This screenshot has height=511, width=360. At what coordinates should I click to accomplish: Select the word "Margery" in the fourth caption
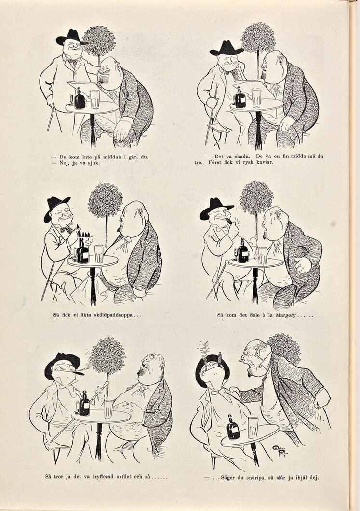pos(285,315)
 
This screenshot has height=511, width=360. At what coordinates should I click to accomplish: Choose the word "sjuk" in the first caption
pos(93,163)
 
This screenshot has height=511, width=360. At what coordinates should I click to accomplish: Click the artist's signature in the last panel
pos(280,451)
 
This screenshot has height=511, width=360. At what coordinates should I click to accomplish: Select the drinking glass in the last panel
pos(253,427)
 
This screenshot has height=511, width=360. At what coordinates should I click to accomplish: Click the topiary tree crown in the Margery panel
pos(257,197)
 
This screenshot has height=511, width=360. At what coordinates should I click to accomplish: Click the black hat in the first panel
pos(71,38)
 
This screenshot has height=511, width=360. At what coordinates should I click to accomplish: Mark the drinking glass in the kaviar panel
pos(256,98)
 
